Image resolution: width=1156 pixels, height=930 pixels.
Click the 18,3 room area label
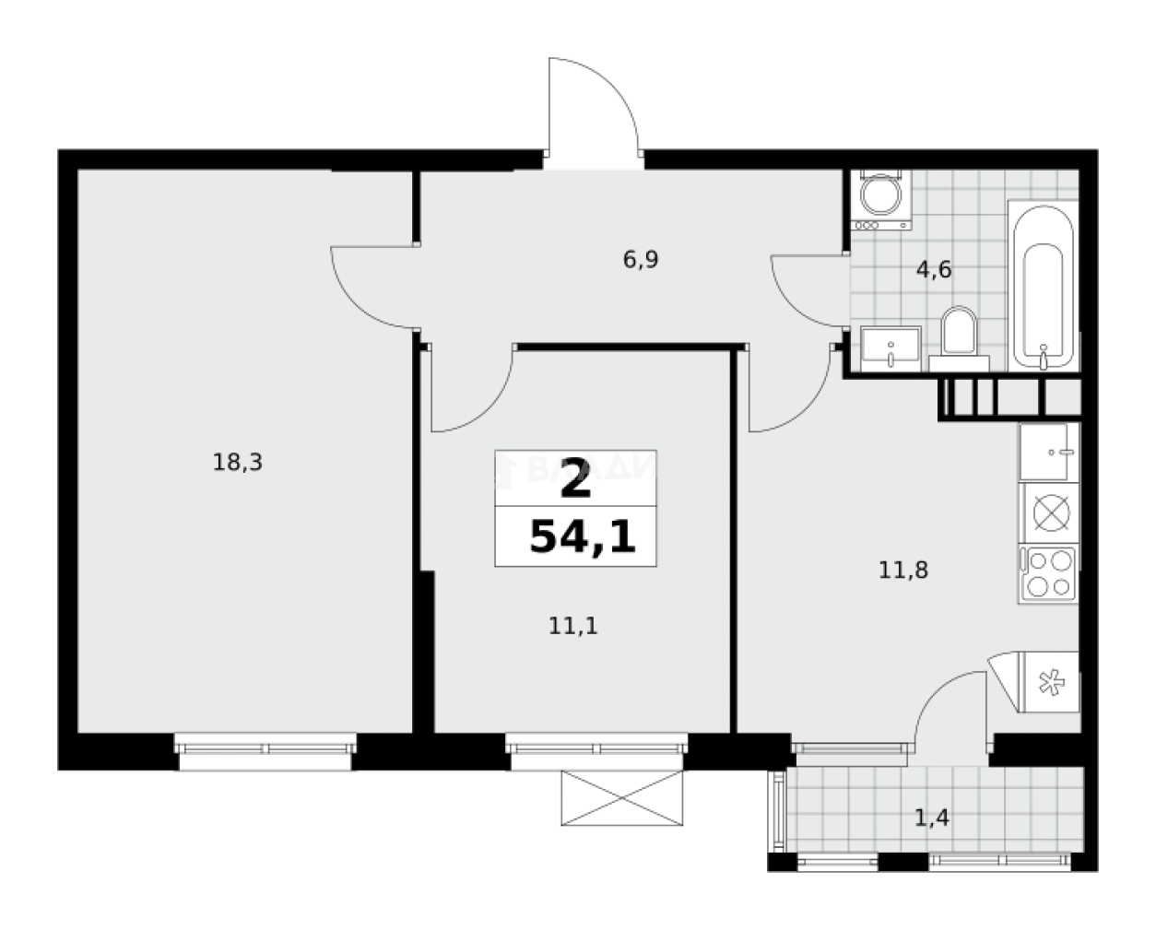238,463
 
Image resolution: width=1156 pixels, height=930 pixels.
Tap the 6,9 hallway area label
641,260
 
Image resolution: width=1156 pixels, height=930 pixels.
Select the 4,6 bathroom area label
932,270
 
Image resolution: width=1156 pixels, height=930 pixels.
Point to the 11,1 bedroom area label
573,627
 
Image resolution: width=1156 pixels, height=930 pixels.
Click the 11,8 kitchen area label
902,571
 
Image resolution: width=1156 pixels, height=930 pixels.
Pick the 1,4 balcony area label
932,817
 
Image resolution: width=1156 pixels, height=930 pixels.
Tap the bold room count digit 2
575,480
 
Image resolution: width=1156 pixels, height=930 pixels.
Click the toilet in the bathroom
959,333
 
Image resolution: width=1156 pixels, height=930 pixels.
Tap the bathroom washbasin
891,347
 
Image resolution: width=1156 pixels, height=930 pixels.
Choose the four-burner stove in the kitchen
1049,573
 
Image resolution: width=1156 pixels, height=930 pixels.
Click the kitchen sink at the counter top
1049,452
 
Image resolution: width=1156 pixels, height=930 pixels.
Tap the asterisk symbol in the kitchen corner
1048,683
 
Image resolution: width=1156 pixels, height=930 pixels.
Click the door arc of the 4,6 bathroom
807,293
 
